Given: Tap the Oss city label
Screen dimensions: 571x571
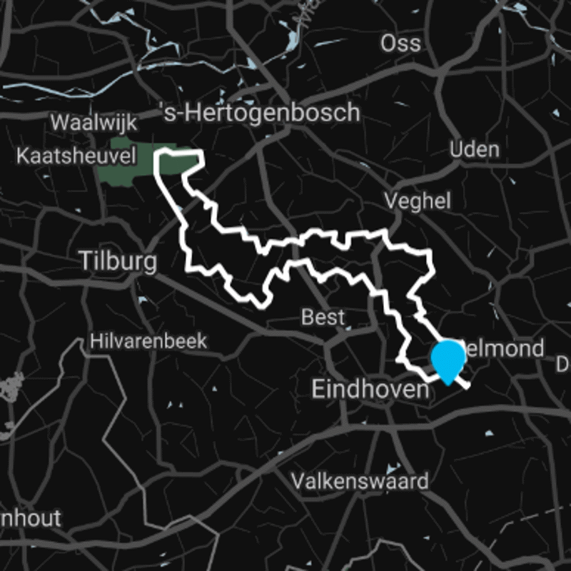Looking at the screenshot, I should point(400,44).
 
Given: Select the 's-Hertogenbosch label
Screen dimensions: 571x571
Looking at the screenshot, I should point(259,113).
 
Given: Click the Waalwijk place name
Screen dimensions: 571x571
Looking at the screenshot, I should point(94,121).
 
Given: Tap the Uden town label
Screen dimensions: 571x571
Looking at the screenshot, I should point(475,150).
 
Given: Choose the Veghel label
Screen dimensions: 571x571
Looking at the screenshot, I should point(418,201).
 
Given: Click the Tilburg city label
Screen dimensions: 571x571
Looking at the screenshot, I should point(118,261).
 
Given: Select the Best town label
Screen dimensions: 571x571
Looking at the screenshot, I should point(323,317).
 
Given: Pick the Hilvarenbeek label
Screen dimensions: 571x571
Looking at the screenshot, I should point(148,341).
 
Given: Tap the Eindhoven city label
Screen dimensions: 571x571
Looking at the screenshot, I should point(371,390).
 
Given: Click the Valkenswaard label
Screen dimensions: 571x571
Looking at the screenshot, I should point(359,480).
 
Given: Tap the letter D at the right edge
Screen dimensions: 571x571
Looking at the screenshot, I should point(563,365).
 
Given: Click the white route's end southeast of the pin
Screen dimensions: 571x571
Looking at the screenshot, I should point(468,386).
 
